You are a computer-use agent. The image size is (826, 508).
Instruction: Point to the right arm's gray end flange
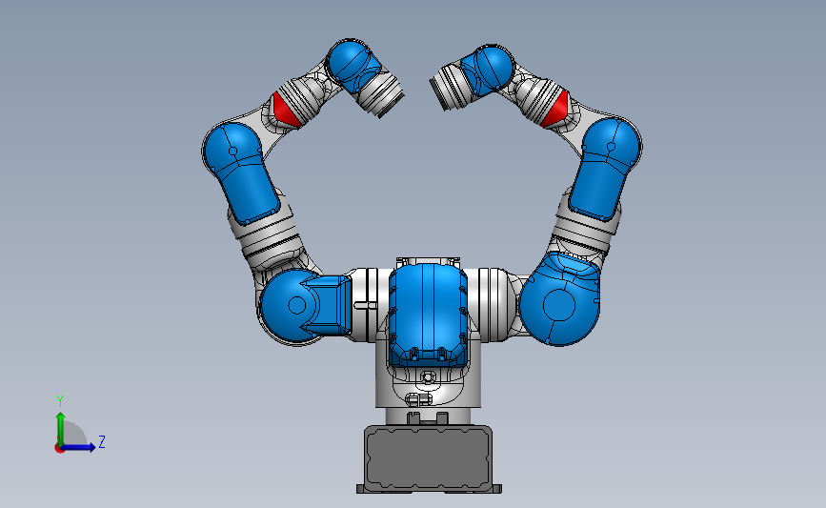[x=445, y=88]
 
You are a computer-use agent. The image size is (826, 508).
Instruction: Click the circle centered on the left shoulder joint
[x=296, y=305]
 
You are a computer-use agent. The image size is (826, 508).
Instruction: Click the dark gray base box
[x=429, y=457]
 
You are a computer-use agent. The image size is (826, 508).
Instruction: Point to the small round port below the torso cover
[x=427, y=377]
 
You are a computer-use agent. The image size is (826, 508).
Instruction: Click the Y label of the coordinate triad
[x=59, y=400]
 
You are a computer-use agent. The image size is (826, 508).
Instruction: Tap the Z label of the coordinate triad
[x=101, y=442]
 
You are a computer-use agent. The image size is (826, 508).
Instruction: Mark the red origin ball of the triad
[x=60, y=448]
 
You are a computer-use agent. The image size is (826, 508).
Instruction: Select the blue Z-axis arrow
[x=80, y=447]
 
